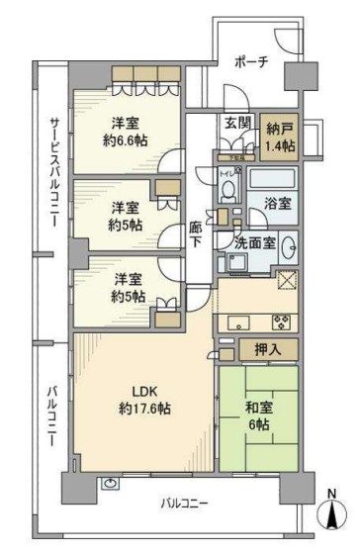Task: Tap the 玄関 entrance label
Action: click(x=236, y=123)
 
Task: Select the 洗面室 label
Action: click(x=255, y=242)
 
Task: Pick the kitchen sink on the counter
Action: click(x=240, y=322)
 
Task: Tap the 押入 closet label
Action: click(x=265, y=349)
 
